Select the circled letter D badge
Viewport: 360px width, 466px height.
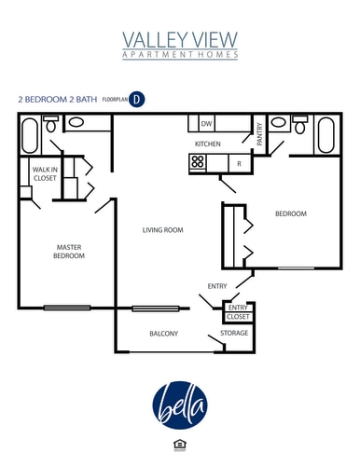click(x=136, y=98)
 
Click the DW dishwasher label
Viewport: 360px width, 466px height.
click(x=206, y=124)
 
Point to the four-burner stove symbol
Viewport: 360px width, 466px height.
click(x=198, y=162)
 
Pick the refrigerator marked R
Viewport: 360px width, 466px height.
click(x=239, y=163)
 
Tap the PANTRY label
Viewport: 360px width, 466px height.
click(x=259, y=135)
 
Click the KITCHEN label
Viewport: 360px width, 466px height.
click(x=207, y=144)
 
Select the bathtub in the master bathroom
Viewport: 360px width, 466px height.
click(x=28, y=136)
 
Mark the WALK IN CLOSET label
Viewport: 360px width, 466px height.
click(x=45, y=173)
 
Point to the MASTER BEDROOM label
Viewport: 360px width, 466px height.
click(x=68, y=251)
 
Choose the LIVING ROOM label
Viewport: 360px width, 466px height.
click(x=162, y=230)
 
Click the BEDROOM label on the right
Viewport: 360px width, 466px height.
click(x=290, y=214)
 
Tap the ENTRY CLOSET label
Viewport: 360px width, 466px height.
click(x=238, y=311)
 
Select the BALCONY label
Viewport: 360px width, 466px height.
click(x=163, y=334)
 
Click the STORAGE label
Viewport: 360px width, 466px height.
click(x=234, y=333)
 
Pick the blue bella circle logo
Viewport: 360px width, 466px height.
click(x=180, y=403)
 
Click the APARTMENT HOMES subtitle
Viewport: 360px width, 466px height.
click(x=180, y=55)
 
